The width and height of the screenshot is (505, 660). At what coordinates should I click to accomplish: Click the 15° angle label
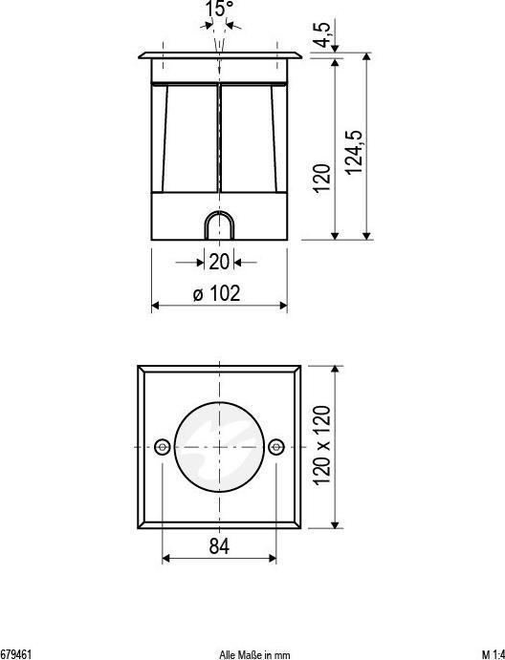[219, 10]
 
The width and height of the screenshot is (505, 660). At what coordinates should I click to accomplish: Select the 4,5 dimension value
[324, 33]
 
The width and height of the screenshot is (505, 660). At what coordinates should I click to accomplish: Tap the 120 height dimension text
[322, 178]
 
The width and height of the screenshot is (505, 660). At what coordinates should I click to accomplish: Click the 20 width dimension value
[219, 262]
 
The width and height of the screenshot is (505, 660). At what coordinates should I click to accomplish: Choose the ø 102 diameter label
[217, 294]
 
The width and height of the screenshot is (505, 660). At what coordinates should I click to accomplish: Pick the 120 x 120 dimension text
[322, 444]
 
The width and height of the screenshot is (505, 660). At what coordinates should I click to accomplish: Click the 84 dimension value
[219, 545]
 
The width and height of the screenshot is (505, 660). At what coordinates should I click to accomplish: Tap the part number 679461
[16, 654]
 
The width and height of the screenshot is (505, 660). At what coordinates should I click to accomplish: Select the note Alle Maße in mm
[253, 654]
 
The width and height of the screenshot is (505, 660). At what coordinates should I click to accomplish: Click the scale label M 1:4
[493, 654]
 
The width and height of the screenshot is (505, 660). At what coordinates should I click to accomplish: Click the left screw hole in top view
[163, 446]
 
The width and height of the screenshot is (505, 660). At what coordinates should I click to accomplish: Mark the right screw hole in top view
[276, 446]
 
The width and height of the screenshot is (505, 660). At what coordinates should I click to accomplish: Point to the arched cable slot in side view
[219, 226]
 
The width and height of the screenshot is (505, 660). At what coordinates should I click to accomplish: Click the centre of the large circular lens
[219, 446]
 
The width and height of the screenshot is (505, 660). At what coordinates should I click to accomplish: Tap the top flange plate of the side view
[219, 54]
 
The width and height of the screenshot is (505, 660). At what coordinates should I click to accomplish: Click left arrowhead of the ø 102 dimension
[155, 306]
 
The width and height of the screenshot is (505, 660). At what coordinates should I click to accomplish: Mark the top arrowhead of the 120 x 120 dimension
[336, 369]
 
